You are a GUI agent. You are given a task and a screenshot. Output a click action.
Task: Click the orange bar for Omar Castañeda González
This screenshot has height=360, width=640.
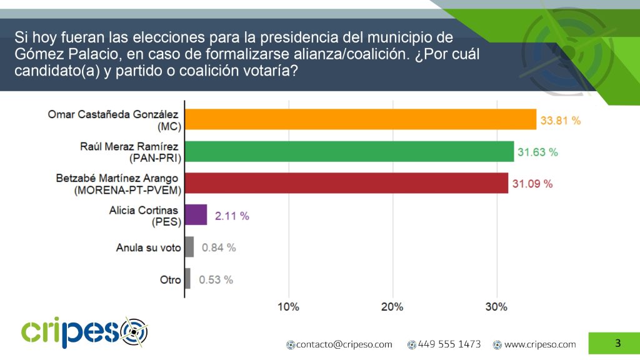(x=361, y=119)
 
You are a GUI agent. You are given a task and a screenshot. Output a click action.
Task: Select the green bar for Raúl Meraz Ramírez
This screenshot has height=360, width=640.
(x=349, y=151)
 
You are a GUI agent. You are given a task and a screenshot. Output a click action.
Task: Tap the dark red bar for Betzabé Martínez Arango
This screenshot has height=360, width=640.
(x=346, y=183)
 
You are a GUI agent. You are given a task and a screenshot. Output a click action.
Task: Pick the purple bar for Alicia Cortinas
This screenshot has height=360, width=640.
(x=196, y=215)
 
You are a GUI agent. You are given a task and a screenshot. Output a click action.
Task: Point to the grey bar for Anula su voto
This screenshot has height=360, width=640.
(x=189, y=247)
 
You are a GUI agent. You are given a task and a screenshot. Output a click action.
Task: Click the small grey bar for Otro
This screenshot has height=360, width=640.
(x=187, y=279)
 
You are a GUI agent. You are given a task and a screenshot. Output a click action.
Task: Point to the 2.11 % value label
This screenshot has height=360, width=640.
(x=231, y=216)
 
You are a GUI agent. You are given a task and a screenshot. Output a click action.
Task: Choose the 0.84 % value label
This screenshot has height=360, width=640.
(x=218, y=247)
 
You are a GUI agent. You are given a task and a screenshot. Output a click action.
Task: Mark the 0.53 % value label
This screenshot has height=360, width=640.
(x=216, y=279)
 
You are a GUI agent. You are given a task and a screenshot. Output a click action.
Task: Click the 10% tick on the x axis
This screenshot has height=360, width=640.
(x=288, y=307)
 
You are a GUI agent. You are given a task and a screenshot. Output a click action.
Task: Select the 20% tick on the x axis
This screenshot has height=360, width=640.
(x=392, y=307)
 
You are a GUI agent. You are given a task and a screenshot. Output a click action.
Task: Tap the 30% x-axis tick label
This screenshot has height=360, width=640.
(x=496, y=307)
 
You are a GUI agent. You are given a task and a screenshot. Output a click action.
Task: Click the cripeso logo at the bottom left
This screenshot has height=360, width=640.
(x=84, y=332)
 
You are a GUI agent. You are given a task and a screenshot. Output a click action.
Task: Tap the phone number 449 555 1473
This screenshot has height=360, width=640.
(x=449, y=344)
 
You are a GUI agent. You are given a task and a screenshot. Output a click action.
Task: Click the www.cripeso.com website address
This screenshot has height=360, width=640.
(x=539, y=344)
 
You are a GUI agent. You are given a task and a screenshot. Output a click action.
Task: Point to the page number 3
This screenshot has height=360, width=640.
(x=617, y=342)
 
